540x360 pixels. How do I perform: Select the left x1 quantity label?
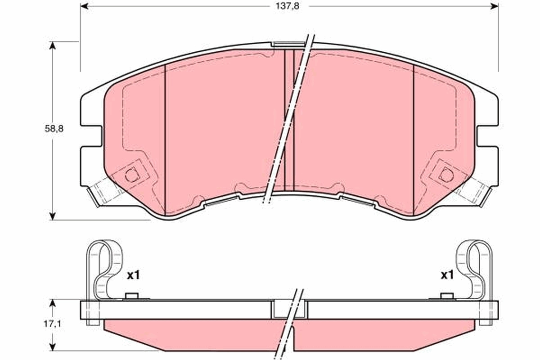click(x=133, y=275)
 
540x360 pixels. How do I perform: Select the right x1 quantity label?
click(x=446, y=275)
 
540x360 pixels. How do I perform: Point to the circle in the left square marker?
click(x=131, y=175)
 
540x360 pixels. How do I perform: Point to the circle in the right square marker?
click(x=446, y=175)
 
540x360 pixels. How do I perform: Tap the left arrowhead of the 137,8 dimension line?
click(x=85, y=6)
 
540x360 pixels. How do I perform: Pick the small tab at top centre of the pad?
click(x=288, y=44)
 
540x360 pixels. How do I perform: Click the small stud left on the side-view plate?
click(x=131, y=296)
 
